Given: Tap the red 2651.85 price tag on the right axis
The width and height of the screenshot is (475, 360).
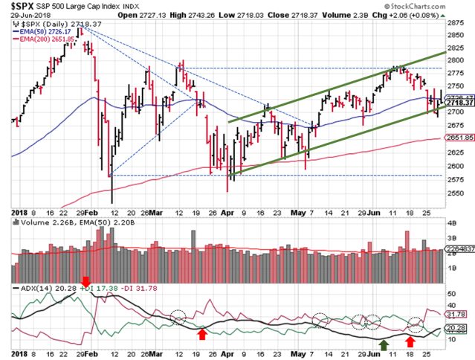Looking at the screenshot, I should tap(460, 138).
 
